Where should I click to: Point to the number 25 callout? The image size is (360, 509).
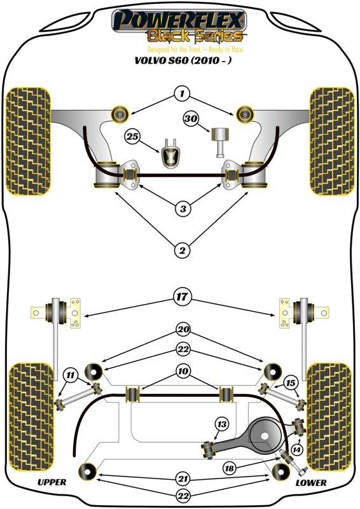coord(132,136)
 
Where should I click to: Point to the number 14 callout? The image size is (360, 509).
coord(295,450)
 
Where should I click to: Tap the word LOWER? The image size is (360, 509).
coord(311,483)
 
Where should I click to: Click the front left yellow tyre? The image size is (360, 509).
coord(28,141)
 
